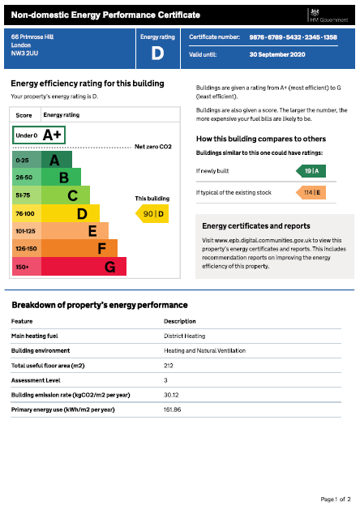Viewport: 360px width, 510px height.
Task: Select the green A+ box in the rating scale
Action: point(40,135)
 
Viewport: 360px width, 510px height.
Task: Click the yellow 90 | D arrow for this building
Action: point(152,213)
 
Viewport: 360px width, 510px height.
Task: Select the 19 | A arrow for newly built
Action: point(309,171)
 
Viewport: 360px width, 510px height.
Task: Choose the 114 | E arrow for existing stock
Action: point(309,192)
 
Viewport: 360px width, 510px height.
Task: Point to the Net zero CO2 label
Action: point(153,146)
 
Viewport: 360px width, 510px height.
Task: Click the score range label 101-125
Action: point(25,230)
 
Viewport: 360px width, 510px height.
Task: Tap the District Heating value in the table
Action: point(184,335)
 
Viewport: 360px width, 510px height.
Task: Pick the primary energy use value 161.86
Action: point(173,409)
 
